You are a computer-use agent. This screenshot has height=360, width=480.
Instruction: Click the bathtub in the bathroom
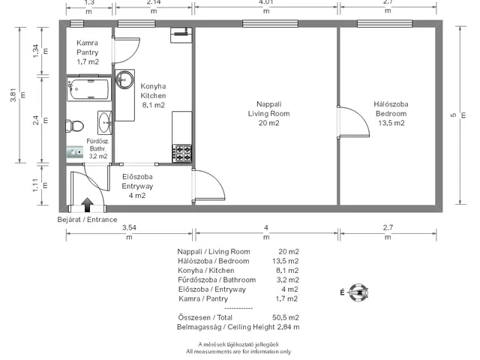pos(89,89)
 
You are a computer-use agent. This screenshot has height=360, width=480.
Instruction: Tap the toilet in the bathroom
pos(75,126)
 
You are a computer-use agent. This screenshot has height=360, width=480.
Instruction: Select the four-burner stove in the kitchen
pos(182,153)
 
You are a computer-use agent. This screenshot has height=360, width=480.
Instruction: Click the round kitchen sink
pos(124,79)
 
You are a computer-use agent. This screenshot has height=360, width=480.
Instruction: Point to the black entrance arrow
pos(88,205)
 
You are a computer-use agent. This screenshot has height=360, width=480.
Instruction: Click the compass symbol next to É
pos(358,292)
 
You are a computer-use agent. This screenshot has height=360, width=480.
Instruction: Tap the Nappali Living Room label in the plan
pos(268,113)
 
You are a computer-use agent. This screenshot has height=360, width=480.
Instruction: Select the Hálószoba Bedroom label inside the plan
pos(391,113)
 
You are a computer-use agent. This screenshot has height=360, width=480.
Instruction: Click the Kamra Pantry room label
pos(88,52)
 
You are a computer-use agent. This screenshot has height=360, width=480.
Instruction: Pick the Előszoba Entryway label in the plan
pos(137,186)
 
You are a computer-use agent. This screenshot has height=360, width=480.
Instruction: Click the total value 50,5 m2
pos(286,317)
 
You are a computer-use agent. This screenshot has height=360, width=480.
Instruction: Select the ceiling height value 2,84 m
pos(288,327)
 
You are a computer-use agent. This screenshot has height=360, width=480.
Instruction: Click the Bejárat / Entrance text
pos(87,220)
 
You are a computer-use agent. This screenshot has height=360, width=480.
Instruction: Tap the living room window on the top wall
pos(270,23)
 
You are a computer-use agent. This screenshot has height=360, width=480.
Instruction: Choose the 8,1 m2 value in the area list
pos(287,270)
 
